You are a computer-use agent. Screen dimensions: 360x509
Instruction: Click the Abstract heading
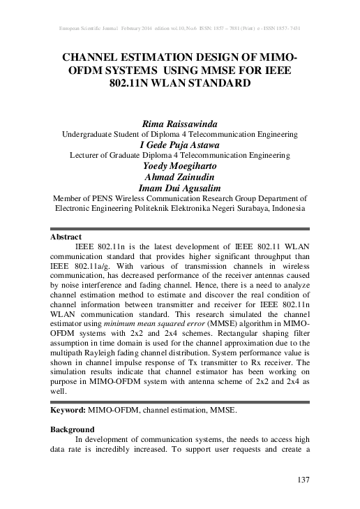[67, 237]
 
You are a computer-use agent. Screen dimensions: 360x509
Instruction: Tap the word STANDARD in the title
[218, 84]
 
